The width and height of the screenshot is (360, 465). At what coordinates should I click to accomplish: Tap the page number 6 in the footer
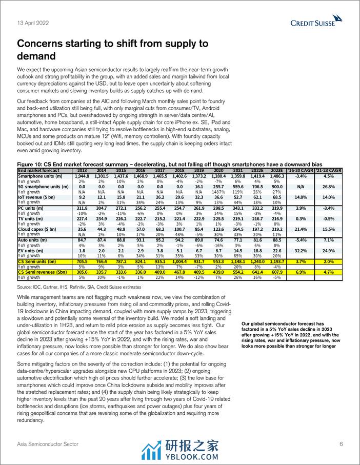[x=341, y=443]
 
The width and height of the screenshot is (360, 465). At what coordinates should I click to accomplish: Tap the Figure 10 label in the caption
[x=30, y=164]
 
